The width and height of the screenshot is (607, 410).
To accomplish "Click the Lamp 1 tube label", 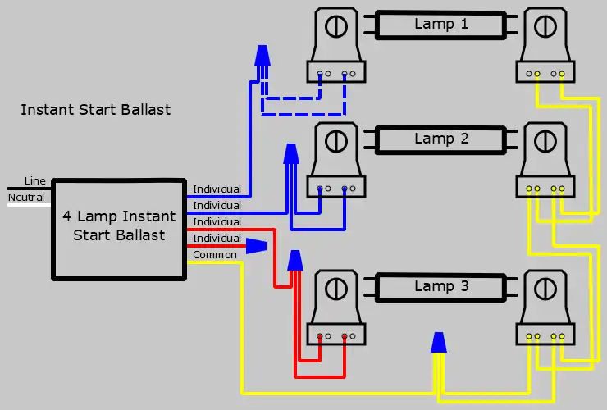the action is (x=441, y=24).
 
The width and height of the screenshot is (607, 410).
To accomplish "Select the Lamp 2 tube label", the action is (x=441, y=139).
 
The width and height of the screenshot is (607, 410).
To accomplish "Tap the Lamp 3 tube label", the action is (x=441, y=286).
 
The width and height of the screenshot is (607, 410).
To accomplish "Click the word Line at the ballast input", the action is (x=34, y=180).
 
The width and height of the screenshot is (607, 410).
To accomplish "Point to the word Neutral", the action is (x=26, y=197).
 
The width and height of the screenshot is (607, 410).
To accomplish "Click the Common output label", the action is (x=215, y=255).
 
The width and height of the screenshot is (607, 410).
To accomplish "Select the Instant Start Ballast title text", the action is (x=96, y=110).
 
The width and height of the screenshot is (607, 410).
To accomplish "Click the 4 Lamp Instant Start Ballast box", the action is (x=119, y=230).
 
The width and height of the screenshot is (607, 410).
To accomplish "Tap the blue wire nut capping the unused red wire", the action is (x=256, y=246).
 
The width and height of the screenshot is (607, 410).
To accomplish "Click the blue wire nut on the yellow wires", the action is (x=439, y=343).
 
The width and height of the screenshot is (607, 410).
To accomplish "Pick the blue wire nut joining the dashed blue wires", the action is (x=262, y=56).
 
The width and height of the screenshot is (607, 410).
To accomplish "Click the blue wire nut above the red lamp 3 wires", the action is (x=295, y=260).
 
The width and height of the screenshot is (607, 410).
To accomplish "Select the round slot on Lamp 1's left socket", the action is (x=336, y=27).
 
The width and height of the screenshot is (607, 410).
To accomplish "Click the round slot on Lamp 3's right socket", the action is (x=545, y=289).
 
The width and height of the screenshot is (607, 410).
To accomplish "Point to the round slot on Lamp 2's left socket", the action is (x=336, y=141).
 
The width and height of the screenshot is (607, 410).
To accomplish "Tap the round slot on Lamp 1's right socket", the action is (x=545, y=27).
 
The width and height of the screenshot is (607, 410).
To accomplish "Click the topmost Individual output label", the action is (x=217, y=189).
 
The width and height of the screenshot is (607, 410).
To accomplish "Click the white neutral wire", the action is (x=29, y=204).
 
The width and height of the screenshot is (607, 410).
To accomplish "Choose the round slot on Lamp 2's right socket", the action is (x=545, y=141).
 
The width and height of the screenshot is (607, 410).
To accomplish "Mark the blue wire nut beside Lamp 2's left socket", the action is (x=291, y=153).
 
